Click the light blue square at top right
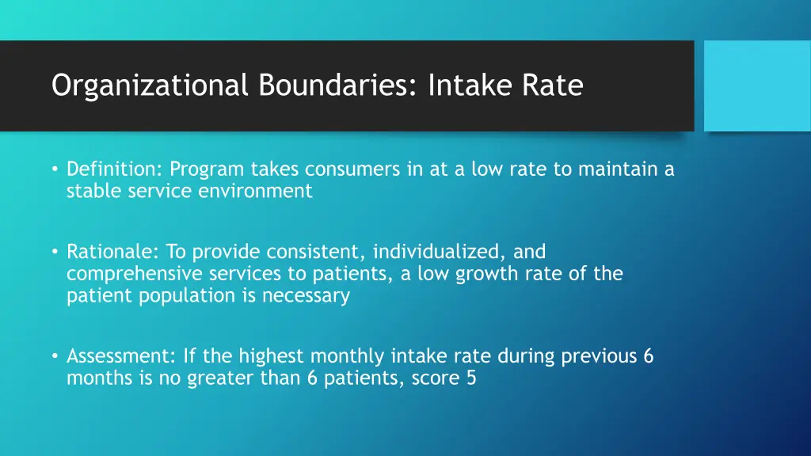(x=757, y=85)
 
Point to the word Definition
(x=113, y=169)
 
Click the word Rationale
(x=112, y=252)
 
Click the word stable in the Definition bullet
(x=91, y=191)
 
